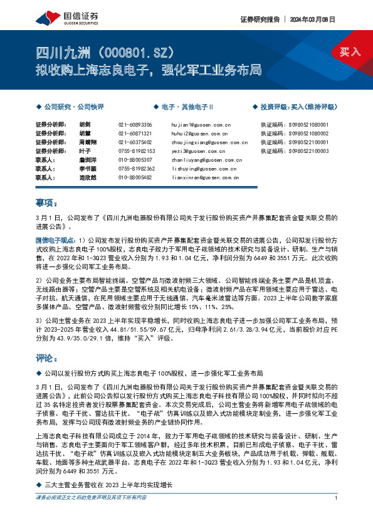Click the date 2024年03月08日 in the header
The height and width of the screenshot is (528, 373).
click(x=313, y=19)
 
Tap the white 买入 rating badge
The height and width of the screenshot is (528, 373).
click(x=350, y=51)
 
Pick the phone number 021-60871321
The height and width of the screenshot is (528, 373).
click(x=135, y=134)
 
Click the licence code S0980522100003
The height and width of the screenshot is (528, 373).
click(x=294, y=151)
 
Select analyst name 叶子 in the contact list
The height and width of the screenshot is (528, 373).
click(x=86, y=151)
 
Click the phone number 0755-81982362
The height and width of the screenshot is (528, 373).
click(x=136, y=169)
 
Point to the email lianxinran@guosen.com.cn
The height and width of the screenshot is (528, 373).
click(x=204, y=178)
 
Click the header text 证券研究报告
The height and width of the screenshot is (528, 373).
click(x=259, y=19)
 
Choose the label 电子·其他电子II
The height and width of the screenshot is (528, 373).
click(x=187, y=107)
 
